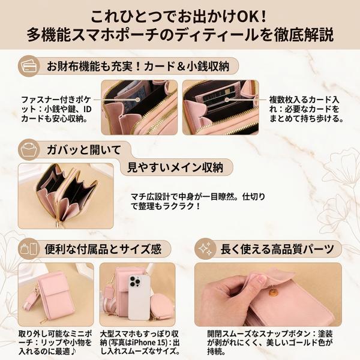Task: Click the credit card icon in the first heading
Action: (x=29, y=66)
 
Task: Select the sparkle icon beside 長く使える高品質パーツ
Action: (x=205, y=249)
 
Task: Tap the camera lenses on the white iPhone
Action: (x=134, y=281)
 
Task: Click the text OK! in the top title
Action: (x=251, y=17)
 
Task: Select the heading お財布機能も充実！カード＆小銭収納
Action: (x=138, y=66)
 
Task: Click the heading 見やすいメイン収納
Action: (x=175, y=167)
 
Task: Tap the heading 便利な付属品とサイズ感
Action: (x=103, y=249)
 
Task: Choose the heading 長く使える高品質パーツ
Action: (x=277, y=249)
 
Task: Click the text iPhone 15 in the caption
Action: (x=149, y=343)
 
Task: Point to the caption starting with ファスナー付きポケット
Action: (x=56, y=109)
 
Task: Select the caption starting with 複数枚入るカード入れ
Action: (x=304, y=109)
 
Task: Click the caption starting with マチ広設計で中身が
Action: (x=197, y=202)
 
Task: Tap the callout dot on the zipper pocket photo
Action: (x=137, y=100)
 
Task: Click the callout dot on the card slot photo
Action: (x=227, y=100)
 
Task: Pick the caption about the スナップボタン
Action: (x=270, y=343)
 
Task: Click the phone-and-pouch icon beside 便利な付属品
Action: (x=29, y=249)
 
